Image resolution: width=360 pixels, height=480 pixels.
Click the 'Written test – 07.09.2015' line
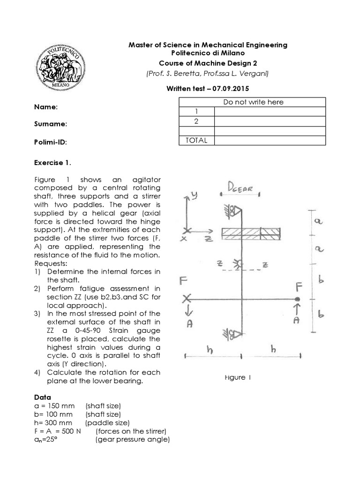click(x=208, y=88)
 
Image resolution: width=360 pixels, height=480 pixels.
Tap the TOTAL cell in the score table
click(x=197, y=140)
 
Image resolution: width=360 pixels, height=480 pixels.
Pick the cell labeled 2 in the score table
click(x=197, y=121)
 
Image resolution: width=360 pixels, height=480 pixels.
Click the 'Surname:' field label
click(x=50, y=124)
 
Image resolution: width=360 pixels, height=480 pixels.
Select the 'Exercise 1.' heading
click(x=53, y=163)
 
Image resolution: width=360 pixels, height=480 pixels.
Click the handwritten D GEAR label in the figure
click(x=240, y=188)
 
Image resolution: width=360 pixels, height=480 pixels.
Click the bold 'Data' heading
click(x=42, y=397)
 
